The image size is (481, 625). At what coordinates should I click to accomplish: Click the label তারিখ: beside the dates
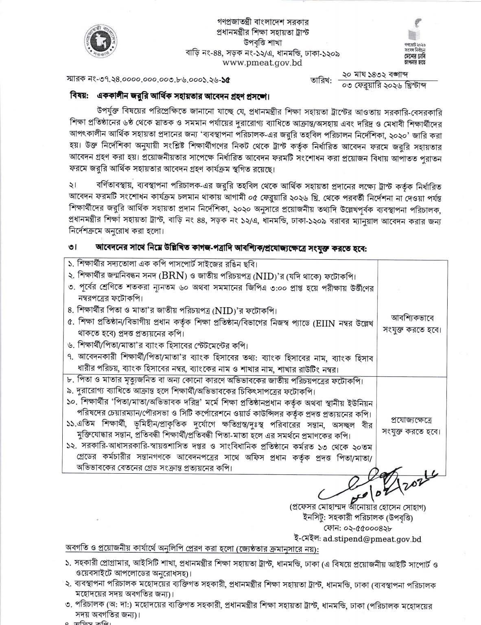point(320,80)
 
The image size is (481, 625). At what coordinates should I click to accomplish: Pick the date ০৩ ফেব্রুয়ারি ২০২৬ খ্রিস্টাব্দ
point(383,86)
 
